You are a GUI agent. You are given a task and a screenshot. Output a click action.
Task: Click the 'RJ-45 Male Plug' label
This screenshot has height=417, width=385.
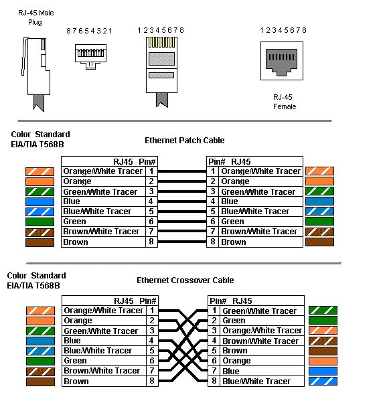pyautogui.click(x=35, y=17)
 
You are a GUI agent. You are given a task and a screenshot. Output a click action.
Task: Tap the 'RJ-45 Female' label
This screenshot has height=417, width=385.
pyautogui.click(x=285, y=102)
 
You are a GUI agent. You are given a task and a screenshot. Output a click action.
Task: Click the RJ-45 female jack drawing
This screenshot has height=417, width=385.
pyautogui.click(x=282, y=61)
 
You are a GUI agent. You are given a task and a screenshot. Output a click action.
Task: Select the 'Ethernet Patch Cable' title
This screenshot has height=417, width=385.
pyautogui.click(x=184, y=141)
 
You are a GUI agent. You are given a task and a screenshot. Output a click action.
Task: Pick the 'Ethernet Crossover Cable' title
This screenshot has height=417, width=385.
pyautogui.click(x=185, y=280)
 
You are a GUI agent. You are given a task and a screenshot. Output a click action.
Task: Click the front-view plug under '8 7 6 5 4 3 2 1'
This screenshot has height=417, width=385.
pyautogui.click(x=91, y=56)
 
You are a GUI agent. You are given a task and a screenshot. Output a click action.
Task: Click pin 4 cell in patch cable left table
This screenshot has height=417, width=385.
pyautogui.click(x=151, y=201)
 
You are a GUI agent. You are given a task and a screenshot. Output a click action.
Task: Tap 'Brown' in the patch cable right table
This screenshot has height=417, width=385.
pyautogui.click(x=234, y=242)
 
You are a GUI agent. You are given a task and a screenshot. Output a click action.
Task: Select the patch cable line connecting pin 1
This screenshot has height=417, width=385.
pyautogui.click(x=182, y=171)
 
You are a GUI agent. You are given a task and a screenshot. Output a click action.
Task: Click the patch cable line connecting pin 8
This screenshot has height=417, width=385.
pyautogui.click(x=182, y=242)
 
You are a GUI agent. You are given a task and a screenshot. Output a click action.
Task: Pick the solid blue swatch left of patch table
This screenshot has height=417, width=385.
pyautogui.click(x=40, y=201)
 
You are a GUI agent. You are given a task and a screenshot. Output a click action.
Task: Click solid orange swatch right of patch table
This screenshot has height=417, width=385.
pyautogui.click(x=319, y=181)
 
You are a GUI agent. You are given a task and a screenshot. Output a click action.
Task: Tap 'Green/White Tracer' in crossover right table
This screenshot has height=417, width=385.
pyautogui.click(x=259, y=311)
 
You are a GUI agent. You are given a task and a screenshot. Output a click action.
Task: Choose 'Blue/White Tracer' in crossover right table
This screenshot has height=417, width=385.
pyautogui.click(x=256, y=382)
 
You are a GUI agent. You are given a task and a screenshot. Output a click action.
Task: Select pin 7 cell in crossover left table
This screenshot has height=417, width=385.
pyautogui.click(x=152, y=371)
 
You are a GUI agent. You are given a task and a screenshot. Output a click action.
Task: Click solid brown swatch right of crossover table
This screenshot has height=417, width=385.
pyautogui.click(x=323, y=351)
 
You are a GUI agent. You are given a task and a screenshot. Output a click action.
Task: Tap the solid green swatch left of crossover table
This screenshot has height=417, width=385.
pyautogui.click(x=40, y=361)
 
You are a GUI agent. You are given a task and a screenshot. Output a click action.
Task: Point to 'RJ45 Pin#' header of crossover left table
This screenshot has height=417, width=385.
pyautogui.click(x=135, y=301)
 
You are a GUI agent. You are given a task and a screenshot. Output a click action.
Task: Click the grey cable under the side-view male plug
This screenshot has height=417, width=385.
pyautogui.click(x=39, y=102)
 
